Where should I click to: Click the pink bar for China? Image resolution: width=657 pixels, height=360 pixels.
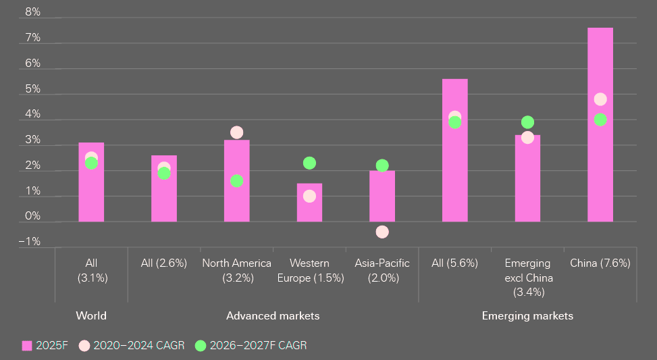(600, 124)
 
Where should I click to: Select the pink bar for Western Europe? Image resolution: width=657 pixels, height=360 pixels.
(309, 203)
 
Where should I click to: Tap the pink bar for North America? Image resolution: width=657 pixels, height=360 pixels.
(236, 180)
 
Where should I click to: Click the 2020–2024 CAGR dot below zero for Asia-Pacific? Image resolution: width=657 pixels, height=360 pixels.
(382, 232)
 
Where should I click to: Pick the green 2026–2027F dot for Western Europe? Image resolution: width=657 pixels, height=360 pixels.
(309, 163)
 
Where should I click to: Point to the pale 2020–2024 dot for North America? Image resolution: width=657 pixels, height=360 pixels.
(236, 132)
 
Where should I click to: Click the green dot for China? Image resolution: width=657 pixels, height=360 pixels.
(600, 120)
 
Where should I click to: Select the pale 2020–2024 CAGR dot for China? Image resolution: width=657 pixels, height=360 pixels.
(600, 99)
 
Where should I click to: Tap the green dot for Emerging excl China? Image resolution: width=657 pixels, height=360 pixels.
(527, 122)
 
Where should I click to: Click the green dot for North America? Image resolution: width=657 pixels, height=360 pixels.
(236, 181)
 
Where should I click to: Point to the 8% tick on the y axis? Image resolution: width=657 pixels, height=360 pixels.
(32, 12)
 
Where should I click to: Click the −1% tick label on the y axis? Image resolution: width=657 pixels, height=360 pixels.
(30, 242)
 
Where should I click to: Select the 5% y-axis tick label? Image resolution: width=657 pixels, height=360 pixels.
(32, 89)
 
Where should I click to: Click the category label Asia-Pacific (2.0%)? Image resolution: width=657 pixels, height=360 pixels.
(382, 270)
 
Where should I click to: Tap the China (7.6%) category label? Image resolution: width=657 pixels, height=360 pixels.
(600, 263)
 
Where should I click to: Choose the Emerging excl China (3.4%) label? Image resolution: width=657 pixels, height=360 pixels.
(527, 278)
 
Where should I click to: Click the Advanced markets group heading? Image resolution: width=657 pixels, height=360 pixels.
(273, 316)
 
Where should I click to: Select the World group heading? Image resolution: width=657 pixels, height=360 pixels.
(91, 316)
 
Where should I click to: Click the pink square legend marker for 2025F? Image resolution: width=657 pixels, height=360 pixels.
(27, 346)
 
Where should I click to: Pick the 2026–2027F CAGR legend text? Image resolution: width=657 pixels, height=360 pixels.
(258, 346)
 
